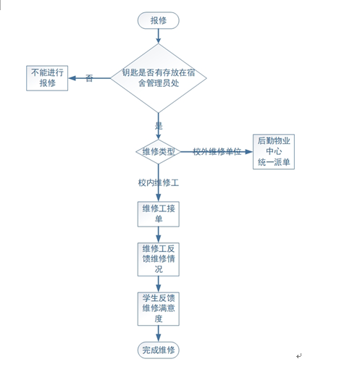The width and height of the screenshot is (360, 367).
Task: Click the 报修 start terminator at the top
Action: (x=158, y=20)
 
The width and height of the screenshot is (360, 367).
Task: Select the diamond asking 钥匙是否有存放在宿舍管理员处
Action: (x=159, y=78)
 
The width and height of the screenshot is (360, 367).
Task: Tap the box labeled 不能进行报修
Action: (x=47, y=78)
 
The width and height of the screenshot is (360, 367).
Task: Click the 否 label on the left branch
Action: (x=89, y=78)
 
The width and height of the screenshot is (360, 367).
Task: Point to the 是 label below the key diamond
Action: (x=159, y=126)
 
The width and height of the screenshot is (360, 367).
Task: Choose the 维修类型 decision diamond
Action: (x=159, y=152)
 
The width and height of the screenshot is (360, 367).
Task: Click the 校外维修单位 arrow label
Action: (x=217, y=152)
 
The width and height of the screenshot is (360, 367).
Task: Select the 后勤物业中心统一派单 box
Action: (x=274, y=152)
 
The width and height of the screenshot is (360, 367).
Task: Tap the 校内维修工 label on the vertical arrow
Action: (x=159, y=182)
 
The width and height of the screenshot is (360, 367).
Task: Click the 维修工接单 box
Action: (x=159, y=214)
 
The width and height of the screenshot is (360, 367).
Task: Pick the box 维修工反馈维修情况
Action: (x=159, y=259)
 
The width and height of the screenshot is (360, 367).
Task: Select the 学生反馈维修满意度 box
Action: (x=159, y=309)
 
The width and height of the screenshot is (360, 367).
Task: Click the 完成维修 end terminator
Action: (x=159, y=350)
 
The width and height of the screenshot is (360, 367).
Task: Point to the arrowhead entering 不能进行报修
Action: (x=72, y=78)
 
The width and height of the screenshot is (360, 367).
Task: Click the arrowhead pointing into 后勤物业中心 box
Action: (x=248, y=152)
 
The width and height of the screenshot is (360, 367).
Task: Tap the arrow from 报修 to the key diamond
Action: (x=159, y=36)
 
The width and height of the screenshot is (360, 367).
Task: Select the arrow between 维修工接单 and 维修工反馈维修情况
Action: (x=159, y=235)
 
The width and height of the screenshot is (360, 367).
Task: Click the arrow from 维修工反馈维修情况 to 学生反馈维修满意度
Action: (x=159, y=284)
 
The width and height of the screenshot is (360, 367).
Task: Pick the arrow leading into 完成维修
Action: (x=159, y=334)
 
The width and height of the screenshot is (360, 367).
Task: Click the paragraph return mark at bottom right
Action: (x=299, y=356)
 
